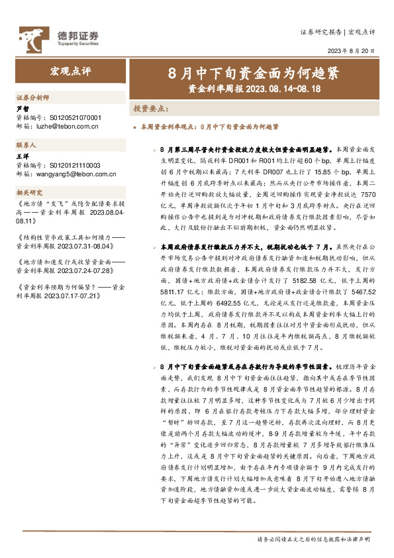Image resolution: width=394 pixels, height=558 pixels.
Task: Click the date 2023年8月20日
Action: [x=351, y=50]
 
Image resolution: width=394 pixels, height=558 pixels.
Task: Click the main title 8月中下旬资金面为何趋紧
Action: [x=254, y=71]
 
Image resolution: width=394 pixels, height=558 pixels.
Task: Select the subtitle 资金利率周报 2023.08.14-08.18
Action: [x=254, y=87]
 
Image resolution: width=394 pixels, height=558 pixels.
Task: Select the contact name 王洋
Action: [x=22, y=157]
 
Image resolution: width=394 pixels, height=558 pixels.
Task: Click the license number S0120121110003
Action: [x=75, y=164]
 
